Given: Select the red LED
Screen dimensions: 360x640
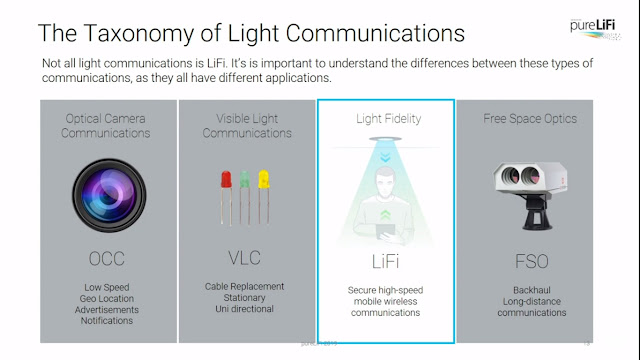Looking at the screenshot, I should (223, 181).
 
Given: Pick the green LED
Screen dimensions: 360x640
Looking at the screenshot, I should (243, 181).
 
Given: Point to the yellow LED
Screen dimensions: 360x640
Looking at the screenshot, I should (263, 181).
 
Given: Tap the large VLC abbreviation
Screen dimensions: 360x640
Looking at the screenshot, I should (244, 258).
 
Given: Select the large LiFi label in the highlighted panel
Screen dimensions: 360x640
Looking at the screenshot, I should (385, 262).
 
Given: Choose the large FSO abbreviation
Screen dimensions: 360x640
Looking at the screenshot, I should (525, 262).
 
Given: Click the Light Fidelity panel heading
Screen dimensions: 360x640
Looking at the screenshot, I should (386, 119).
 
